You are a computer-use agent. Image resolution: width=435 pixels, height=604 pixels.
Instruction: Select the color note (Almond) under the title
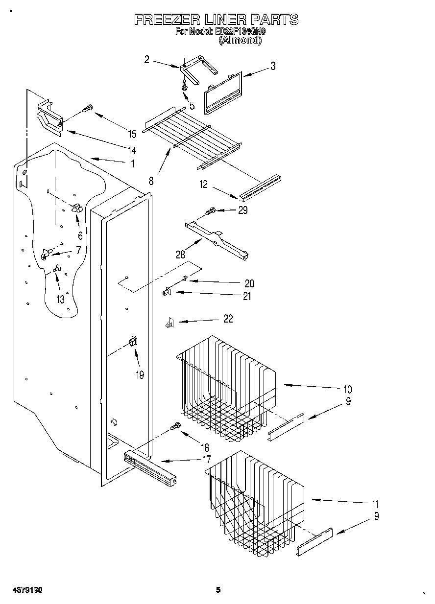point(240,41)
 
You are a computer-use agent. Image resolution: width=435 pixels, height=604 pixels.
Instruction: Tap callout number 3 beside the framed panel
point(272,67)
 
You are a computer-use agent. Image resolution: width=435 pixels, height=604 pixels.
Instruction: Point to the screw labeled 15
point(88,109)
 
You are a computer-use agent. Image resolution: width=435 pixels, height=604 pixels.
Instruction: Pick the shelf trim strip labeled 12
point(260,186)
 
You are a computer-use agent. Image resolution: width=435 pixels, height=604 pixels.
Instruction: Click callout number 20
point(249,283)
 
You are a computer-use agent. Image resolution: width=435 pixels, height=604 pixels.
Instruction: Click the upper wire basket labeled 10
point(225,387)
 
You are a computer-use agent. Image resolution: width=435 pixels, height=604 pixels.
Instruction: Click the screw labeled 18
point(175,428)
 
